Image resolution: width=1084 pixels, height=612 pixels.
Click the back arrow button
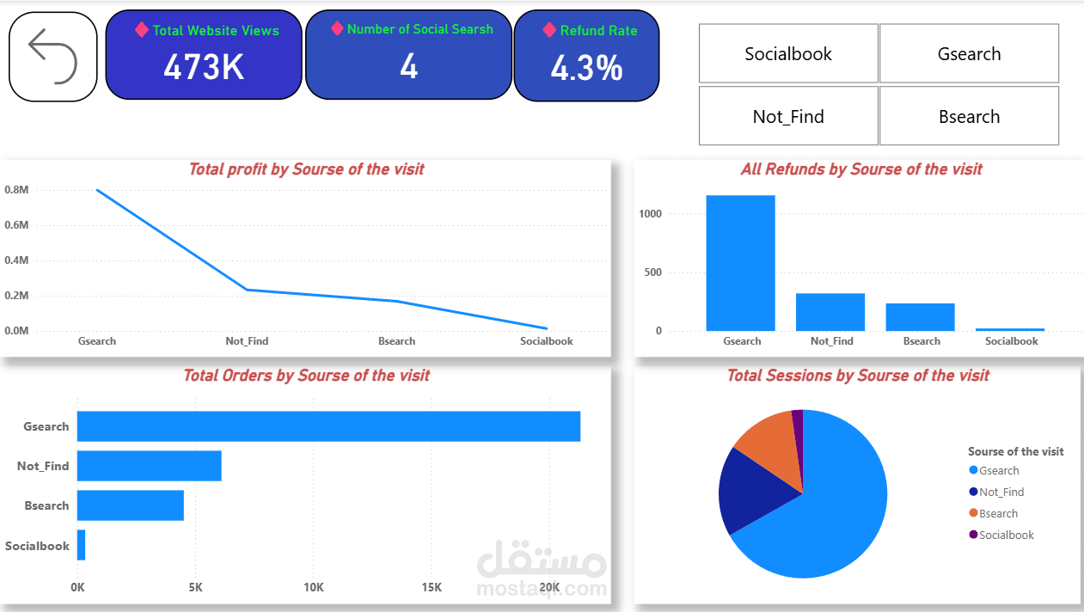point(52,57)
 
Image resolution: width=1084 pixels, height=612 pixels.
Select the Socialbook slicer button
point(788,53)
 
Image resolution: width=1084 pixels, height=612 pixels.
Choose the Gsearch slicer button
point(969,53)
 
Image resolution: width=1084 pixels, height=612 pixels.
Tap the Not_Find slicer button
point(788,116)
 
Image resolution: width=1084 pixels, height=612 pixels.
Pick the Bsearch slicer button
point(969,116)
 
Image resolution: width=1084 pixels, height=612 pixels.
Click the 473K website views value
point(204,67)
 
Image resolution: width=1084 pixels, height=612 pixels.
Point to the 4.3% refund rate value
point(586,68)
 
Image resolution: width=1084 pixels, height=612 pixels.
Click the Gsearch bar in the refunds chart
point(740,263)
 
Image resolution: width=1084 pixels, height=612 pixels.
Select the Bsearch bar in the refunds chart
point(920,317)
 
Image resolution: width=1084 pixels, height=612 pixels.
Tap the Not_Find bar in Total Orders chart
point(149,466)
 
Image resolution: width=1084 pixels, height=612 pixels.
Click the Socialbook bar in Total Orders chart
point(82,545)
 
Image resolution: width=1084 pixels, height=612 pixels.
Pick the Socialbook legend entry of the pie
point(1001,535)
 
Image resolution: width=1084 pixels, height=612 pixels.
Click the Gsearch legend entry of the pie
point(994,470)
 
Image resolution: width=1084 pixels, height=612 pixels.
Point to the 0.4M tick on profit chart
point(16,260)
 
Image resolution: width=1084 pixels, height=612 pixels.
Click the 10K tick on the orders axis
point(314,587)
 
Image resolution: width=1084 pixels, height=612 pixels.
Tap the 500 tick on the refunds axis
point(652,272)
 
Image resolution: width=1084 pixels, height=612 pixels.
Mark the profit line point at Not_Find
point(247,290)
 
